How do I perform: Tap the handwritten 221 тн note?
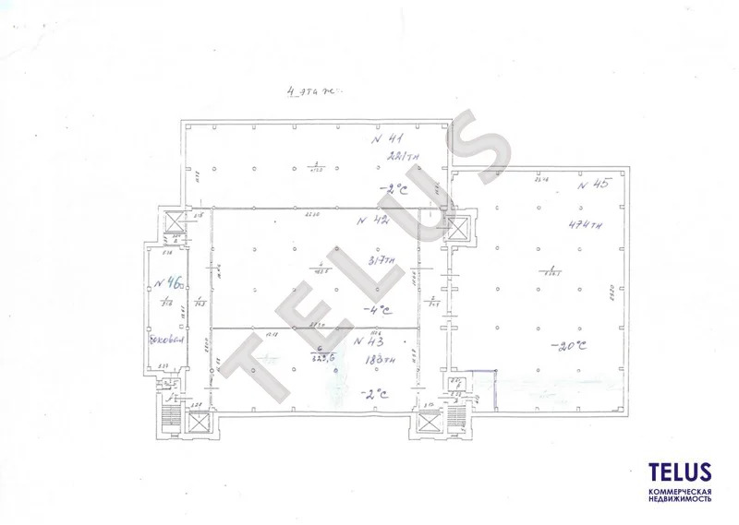tap(404, 156)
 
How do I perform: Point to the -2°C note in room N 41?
tap(394, 189)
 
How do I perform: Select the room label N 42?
tap(374, 222)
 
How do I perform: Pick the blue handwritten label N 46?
tap(166, 283)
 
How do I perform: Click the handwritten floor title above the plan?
tap(314, 92)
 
